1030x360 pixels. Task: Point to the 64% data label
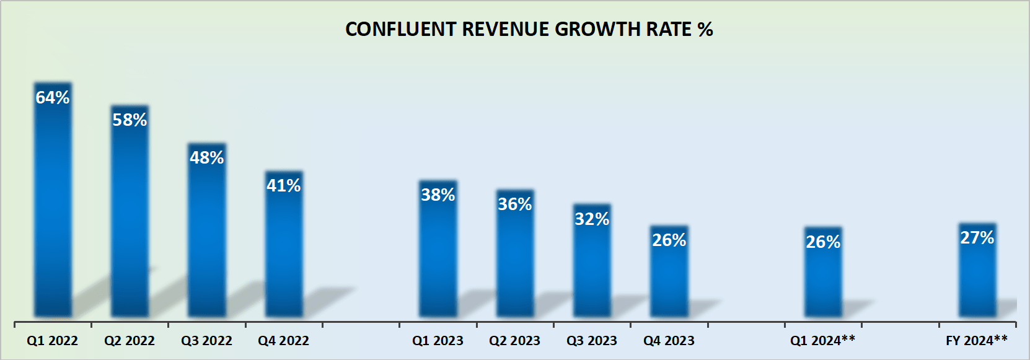pos(53,97)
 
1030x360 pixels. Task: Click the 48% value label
pos(206,157)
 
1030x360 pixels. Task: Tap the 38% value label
pos(438,195)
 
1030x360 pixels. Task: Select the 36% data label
pos(515,204)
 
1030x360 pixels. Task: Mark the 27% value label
pos(977,237)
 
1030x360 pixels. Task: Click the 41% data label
pos(284,185)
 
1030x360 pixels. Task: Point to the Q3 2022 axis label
pos(206,341)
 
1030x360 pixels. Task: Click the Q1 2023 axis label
pos(438,341)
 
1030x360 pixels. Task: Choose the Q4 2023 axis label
pos(669,341)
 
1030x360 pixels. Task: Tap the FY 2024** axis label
pos(977,340)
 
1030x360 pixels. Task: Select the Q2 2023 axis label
pos(514,341)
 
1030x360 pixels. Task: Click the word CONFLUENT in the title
pos(400,29)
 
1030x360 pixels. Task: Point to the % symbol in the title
pos(705,29)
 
